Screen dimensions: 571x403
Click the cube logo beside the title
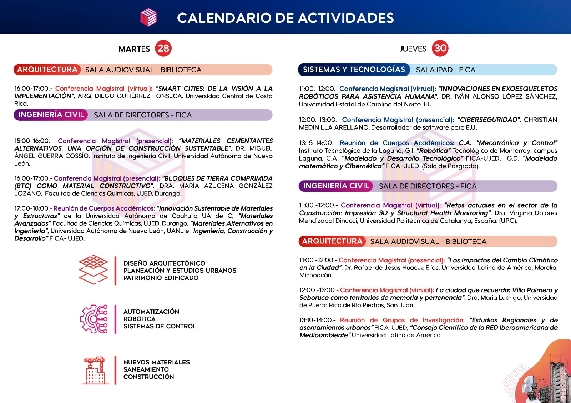148,17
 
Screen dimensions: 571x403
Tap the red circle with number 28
163,49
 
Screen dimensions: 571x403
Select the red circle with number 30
440,48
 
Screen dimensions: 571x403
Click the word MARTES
134,49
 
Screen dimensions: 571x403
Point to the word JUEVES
413,49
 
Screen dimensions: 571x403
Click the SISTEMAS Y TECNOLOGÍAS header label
354,70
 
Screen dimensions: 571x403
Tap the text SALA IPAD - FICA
445,70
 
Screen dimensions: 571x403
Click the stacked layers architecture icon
94,270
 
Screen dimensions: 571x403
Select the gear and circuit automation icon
94,319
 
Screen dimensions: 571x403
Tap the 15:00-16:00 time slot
32,141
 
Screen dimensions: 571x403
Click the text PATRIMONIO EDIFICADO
161,278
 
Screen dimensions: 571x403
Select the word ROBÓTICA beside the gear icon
139,319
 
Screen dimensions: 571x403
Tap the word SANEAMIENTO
146,369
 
